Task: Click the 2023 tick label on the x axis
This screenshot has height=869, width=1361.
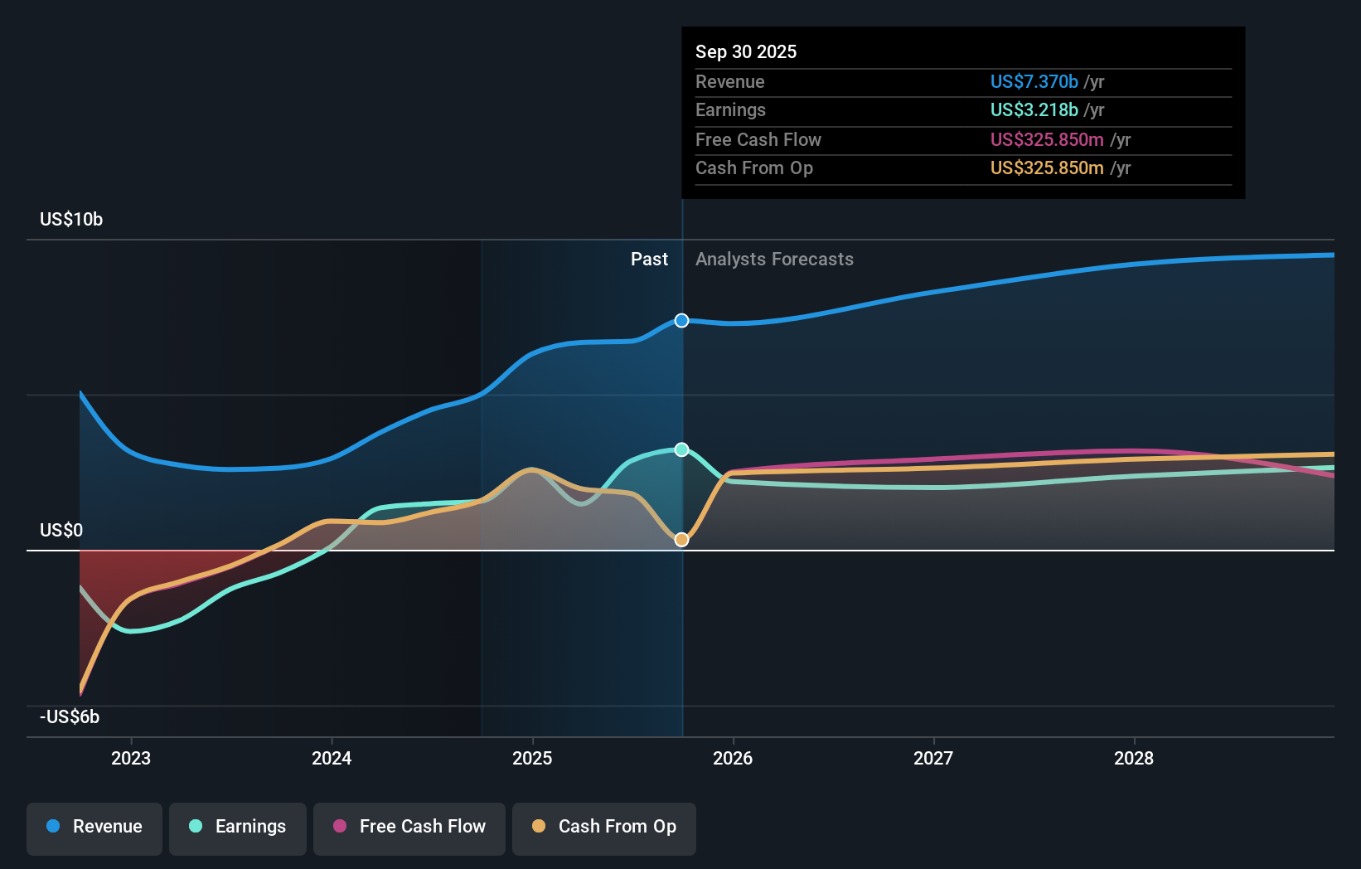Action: [131, 758]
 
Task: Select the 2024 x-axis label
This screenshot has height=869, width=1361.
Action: [332, 758]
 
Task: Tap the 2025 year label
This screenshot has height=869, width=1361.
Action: [532, 758]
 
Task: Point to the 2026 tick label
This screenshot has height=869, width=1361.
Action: [733, 758]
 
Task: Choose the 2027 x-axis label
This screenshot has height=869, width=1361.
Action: [933, 758]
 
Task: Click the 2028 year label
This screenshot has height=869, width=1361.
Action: [1134, 758]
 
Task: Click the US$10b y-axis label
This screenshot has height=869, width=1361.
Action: [71, 219]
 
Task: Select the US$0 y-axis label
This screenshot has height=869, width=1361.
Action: [61, 530]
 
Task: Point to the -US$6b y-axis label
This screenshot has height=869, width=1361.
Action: [70, 716]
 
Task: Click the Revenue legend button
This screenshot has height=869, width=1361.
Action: [94, 827]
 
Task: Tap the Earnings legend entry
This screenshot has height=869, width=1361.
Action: [238, 827]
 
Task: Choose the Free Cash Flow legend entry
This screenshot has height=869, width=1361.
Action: [409, 827]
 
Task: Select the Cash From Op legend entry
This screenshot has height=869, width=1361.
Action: [604, 827]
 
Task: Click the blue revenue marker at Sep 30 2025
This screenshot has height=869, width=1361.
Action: [681, 320]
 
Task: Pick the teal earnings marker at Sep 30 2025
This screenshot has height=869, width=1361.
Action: [681, 449]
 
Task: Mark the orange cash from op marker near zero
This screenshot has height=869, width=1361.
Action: [681, 540]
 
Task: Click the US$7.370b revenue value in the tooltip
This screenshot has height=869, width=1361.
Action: [1034, 81]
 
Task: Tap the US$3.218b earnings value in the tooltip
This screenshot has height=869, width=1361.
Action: [1034, 109]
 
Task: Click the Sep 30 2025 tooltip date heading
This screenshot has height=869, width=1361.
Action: [746, 51]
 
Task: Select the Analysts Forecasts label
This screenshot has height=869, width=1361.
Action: [774, 259]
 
